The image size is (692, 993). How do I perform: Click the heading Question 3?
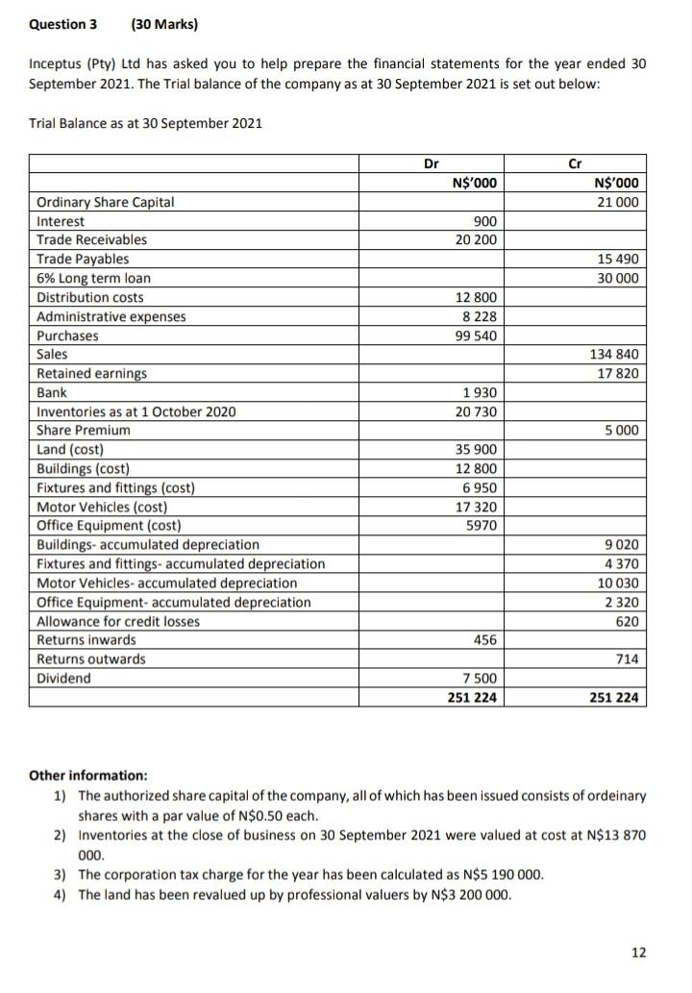(62, 23)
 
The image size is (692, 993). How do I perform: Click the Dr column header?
(432, 164)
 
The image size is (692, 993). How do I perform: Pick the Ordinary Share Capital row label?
(106, 202)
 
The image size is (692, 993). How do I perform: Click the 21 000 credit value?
(620, 202)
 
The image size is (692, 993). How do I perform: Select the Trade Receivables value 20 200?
(476, 239)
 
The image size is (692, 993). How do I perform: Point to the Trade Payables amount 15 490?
(620, 259)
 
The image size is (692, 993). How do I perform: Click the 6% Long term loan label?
(93, 278)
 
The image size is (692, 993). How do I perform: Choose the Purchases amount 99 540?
(476, 335)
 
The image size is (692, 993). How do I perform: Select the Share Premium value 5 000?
(624, 431)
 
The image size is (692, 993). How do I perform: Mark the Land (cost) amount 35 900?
(476, 450)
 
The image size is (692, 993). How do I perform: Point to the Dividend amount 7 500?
(480, 679)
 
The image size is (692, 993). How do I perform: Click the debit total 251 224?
(473, 697)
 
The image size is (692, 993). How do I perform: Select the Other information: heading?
(88, 775)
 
